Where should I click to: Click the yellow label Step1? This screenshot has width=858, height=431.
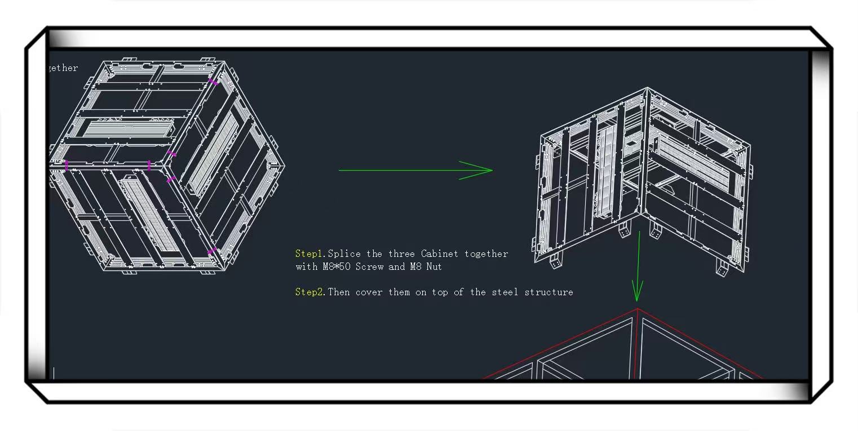coord(310,254)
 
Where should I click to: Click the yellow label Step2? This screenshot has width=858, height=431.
coord(310,292)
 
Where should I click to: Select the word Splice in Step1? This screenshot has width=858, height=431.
coord(344,254)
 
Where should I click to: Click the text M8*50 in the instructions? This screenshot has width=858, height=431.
coord(337,266)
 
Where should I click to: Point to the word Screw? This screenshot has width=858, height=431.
coord(369,266)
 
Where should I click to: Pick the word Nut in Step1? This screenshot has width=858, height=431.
coord(434,266)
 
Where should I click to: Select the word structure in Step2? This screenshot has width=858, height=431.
coord(549,292)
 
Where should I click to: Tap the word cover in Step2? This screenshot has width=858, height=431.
coord(369,292)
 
